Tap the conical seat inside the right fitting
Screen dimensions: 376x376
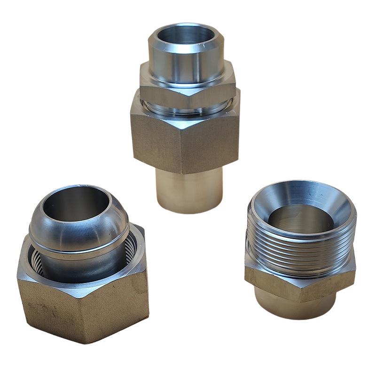(329, 214)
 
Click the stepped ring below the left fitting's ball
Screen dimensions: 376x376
(80, 254)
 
